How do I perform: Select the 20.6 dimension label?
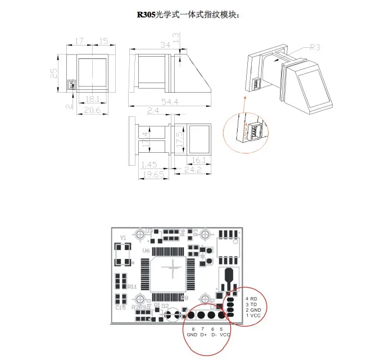tap(92, 111)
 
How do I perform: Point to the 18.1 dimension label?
tap(92, 99)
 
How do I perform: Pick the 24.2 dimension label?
tap(193, 168)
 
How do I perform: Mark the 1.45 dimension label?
tap(149, 165)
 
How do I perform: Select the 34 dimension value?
tap(165, 45)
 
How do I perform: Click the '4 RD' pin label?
tap(251, 299)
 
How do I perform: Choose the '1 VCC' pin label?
tap(252, 316)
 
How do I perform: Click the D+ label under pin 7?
tap(203, 335)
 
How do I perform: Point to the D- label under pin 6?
tap(214, 335)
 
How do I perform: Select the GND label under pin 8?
tap(192, 335)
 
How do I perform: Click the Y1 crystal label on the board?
tap(123, 238)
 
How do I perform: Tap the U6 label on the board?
tap(146, 250)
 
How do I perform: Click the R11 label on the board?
tap(133, 286)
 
